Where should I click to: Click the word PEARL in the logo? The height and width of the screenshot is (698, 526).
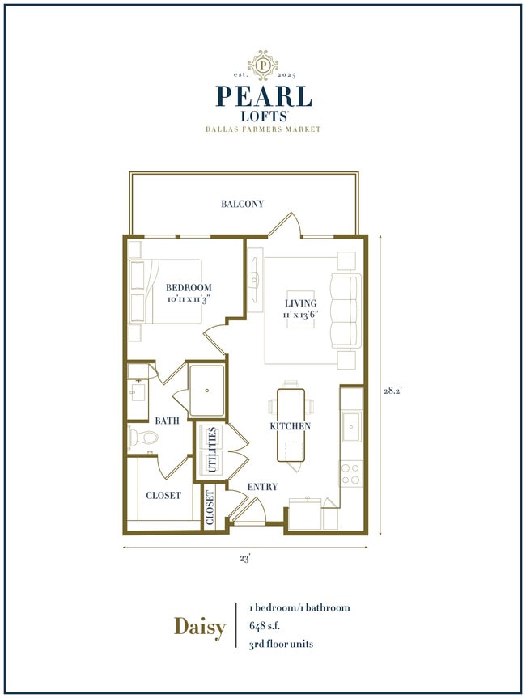(x=263, y=96)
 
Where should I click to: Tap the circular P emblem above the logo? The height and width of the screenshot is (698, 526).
(x=263, y=63)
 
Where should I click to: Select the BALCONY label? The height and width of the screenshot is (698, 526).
(x=243, y=205)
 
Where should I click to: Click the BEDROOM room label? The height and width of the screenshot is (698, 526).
(x=189, y=288)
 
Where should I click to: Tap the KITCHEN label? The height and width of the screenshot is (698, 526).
(x=291, y=425)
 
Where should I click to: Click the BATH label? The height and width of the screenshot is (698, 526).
(x=167, y=421)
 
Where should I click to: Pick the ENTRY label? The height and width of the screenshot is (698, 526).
(x=262, y=487)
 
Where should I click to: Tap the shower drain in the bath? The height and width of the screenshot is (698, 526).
(x=208, y=390)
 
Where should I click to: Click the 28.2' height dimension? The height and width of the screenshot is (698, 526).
(x=393, y=390)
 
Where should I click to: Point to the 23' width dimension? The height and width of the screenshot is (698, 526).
(x=244, y=557)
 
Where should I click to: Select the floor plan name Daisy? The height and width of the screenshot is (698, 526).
(x=200, y=627)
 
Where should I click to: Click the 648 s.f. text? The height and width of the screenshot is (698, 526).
(x=269, y=625)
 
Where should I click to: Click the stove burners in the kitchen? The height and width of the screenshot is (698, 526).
(x=350, y=472)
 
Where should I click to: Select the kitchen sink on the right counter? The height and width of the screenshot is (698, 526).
(x=351, y=426)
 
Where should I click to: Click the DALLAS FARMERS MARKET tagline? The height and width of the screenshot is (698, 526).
(x=263, y=129)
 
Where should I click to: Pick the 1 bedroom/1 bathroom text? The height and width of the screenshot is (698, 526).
(x=300, y=607)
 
